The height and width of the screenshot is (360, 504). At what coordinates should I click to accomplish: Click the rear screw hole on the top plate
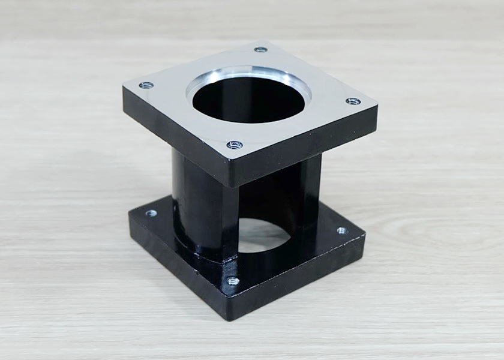[x=260, y=49]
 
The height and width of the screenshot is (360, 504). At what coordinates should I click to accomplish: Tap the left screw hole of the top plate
[x=146, y=85]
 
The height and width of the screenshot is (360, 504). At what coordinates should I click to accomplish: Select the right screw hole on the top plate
[x=353, y=101]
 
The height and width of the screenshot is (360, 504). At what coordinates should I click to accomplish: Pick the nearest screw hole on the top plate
[x=235, y=145]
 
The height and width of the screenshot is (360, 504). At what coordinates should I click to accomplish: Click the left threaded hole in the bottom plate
[x=151, y=212]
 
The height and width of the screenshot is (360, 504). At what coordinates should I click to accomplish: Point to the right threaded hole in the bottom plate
[x=341, y=230]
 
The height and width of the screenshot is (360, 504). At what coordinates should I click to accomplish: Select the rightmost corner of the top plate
[x=377, y=108]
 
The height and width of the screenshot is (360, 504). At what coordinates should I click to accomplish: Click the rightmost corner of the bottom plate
[x=364, y=237]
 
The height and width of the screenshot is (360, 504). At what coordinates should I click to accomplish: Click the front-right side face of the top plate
[x=306, y=147]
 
